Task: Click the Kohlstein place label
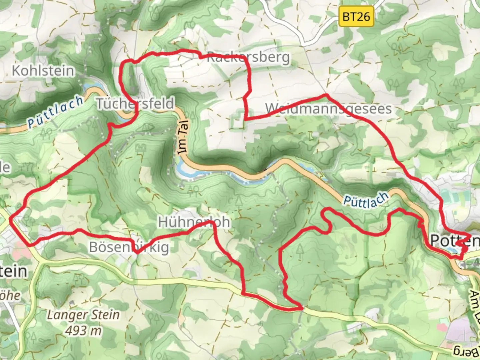43,71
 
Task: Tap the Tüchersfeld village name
135,103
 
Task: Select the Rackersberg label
248,57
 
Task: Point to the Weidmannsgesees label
328,109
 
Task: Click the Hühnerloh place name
194,222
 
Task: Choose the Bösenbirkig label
129,247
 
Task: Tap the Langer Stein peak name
83,315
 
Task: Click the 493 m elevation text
83,331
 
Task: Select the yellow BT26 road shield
356,16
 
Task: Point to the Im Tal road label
183,137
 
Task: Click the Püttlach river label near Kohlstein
55,111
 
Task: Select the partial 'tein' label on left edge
13,271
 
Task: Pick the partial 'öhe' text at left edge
10,295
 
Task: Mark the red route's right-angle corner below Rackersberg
246,119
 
